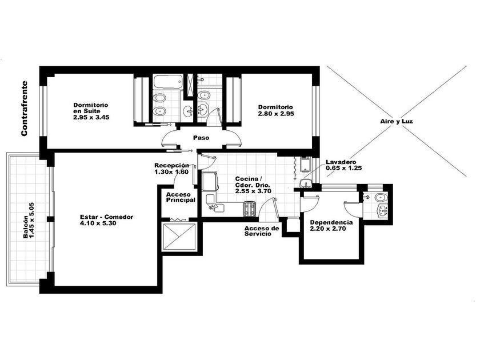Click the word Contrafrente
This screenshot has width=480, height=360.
pos(24,108)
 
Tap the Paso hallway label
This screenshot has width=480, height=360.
pos(201,138)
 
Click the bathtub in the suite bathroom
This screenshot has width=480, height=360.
pos(168,82)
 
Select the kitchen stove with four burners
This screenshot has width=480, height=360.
pos(250,209)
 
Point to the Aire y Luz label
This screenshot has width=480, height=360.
pos(397,121)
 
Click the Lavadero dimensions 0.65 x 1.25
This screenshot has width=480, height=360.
pos(344,168)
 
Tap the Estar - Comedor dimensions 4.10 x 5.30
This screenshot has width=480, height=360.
pos(98,223)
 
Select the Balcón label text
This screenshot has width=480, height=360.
pos(26,227)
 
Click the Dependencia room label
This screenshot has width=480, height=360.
pos(331,222)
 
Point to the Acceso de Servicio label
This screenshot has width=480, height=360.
pos(262,231)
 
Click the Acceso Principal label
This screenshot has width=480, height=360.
pos(181,197)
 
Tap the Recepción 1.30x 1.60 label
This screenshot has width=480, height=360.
pos(171,169)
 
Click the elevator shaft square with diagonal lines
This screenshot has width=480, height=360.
pos(179,237)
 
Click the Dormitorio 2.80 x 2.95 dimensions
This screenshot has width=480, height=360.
pos(276,114)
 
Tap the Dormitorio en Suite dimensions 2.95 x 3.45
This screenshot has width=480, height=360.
pos(91,117)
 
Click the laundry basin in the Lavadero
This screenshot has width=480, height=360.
pos(306,183)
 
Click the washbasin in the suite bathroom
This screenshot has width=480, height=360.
pos(187,110)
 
